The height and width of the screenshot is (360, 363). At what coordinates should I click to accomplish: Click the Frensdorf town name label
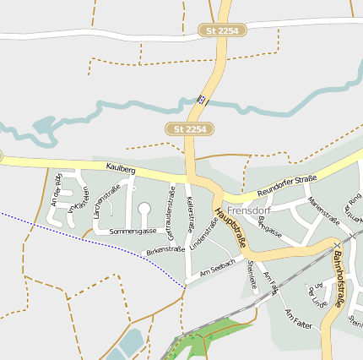coord(249,210)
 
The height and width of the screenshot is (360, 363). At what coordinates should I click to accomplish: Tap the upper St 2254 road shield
coord(222,30)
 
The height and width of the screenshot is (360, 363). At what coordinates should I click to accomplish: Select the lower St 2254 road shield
coord(190,128)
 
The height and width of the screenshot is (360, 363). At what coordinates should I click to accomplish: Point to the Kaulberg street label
coord(121,169)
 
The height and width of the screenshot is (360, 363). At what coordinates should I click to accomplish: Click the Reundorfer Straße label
coord(286,184)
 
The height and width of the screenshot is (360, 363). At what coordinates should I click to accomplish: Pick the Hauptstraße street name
coord(231,227)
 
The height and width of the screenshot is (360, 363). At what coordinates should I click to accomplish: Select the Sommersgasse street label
coord(133,231)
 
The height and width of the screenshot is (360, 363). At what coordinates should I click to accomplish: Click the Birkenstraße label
coord(165,250)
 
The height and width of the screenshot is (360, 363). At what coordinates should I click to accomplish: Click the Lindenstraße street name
coord(198,233)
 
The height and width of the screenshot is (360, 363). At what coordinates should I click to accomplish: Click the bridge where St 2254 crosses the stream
coord(202,99)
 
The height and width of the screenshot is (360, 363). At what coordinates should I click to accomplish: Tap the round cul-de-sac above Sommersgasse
coord(144,208)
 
